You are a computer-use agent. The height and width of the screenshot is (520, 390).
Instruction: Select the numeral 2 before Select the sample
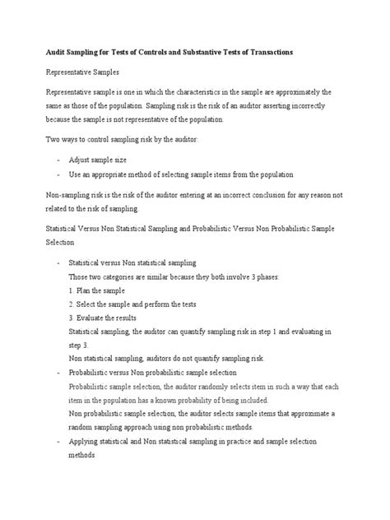72,304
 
